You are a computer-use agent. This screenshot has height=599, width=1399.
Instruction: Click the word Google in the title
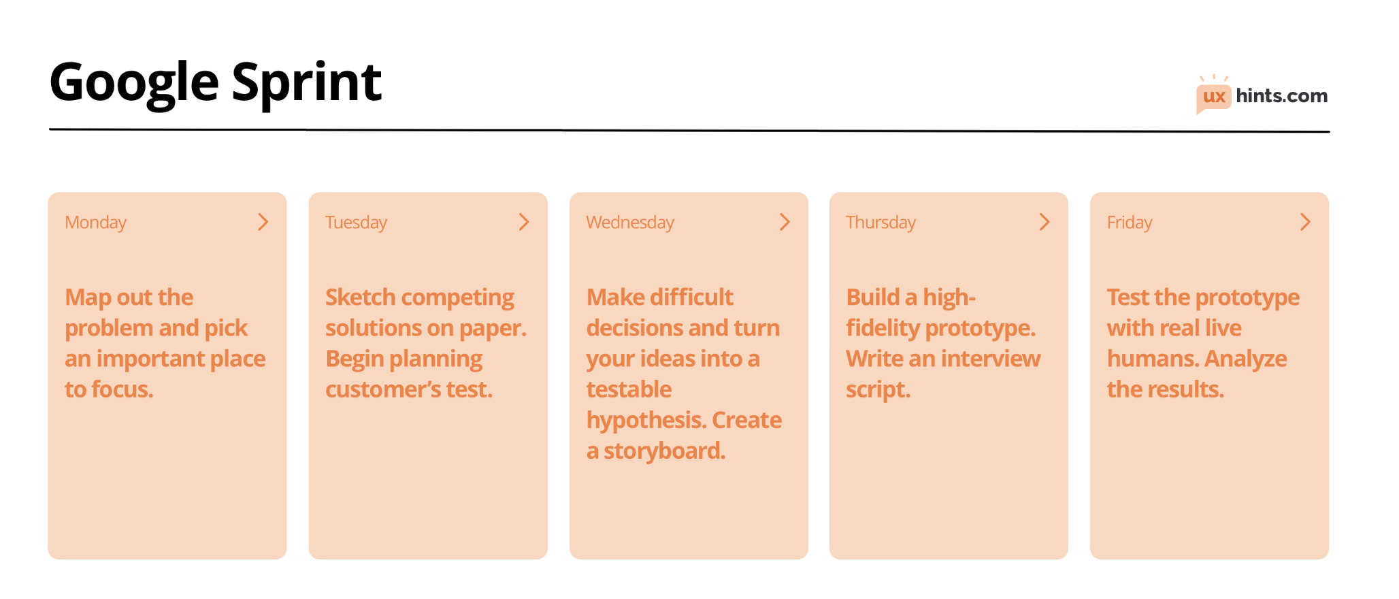click(134, 83)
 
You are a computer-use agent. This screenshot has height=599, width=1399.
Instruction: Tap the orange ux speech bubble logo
click(1213, 97)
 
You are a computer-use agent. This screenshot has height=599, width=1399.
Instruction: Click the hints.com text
click(1281, 96)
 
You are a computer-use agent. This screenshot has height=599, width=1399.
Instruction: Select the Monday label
click(95, 223)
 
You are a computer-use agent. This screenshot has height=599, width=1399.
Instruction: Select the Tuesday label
click(356, 223)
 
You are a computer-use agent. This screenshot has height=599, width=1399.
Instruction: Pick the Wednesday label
click(630, 223)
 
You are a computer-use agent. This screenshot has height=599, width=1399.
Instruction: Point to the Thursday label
click(880, 223)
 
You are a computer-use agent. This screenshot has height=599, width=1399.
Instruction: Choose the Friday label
click(1129, 223)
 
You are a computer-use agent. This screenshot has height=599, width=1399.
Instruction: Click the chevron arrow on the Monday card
click(263, 222)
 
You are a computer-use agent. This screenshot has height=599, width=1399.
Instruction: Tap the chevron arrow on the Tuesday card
click(524, 222)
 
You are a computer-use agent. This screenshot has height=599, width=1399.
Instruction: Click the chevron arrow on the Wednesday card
click(785, 222)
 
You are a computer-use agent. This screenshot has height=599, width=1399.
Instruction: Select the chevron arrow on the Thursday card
click(1044, 222)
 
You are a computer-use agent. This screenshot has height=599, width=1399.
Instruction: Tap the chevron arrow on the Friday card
click(1305, 222)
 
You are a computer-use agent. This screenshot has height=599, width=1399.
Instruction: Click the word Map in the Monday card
click(88, 298)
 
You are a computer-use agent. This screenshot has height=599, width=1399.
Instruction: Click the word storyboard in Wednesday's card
click(664, 451)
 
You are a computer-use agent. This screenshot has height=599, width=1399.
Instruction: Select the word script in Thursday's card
click(877, 390)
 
